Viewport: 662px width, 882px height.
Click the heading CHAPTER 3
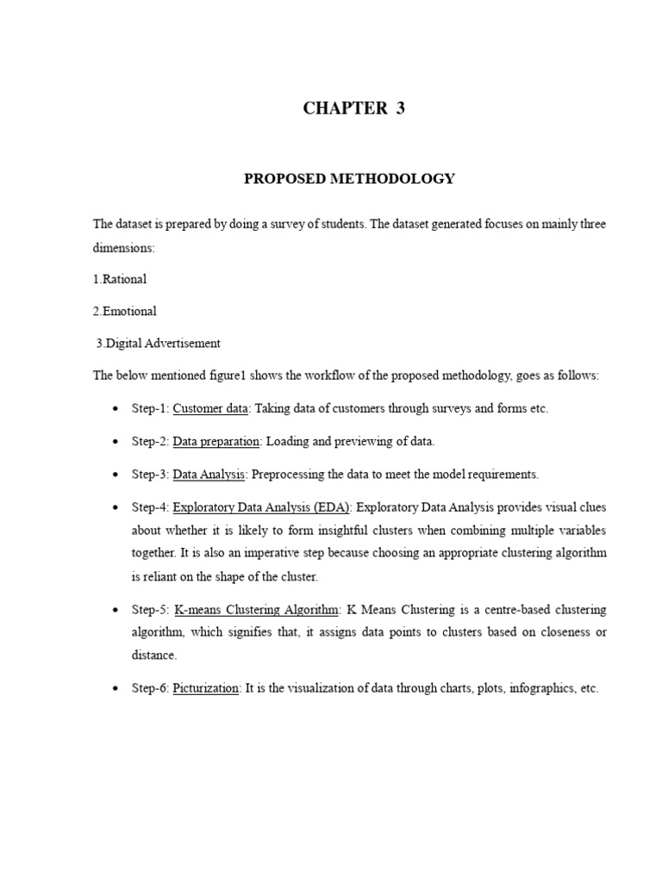click(353, 109)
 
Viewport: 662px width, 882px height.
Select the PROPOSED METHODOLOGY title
click(349, 179)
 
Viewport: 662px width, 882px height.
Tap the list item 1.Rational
click(120, 279)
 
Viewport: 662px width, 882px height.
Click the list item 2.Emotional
click(125, 311)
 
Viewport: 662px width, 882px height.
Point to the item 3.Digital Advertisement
click(158, 343)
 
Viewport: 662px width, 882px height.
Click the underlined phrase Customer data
click(211, 409)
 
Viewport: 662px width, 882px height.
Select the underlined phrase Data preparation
click(216, 442)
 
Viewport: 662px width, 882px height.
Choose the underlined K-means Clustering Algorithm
click(257, 610)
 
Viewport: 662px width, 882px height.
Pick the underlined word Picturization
click(206, 689)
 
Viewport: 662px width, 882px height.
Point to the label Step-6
click(149, 689)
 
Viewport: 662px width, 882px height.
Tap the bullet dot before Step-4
click(115, 506)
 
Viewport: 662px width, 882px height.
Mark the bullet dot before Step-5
click(115, 610)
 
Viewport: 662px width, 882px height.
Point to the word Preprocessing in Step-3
click(290, 474)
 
